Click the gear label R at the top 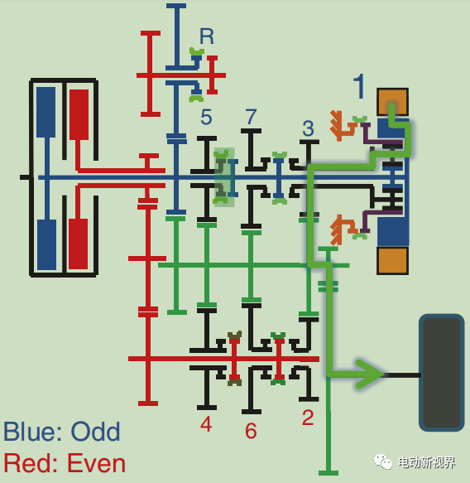[207, 36]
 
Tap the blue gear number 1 [359, 86]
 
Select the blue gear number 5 [206, 117]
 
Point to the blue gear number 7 [251, 117]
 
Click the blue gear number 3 [308, 128]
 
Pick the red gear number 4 [206, 424]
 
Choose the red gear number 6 [251, 430]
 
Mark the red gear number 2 [308, 418]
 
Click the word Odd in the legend [95, 432]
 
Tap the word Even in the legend [96, 463]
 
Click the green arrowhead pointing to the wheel [369, 374]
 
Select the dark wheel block [442, 373]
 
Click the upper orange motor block [393, 102]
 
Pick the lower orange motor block [393, 261]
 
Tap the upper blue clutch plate [46, 112]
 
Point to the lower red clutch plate [78, 244]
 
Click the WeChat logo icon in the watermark [382, 461]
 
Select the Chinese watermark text [426, 462]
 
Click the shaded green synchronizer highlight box [224, 177]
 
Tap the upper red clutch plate [79, 114]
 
